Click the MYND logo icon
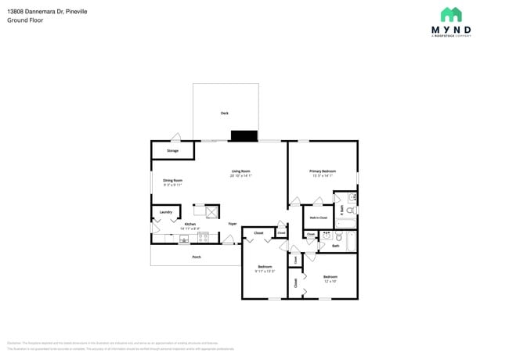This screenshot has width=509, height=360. [x=450, y=15]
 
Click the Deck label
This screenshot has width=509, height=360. [x=224, y=113]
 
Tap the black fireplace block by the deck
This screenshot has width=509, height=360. [x=244, y=135]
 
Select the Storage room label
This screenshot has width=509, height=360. [x=172, y=150]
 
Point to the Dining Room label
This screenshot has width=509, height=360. [x=172, y=181]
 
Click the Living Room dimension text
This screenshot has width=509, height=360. [x=240, y=176]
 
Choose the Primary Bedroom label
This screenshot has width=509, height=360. [x=322, y=171]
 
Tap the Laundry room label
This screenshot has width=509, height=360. [x=165, y=212]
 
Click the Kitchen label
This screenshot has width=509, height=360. [x=190, y=224]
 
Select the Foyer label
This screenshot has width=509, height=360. [x=233, y=224]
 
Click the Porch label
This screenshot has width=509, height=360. [x=197, y=257]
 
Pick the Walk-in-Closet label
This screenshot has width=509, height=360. [x=318, y=218]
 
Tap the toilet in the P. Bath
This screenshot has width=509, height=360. [x=352, y=211]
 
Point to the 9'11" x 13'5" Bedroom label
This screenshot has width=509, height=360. [x=264, y=268]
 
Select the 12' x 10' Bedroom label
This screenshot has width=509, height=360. [x=330, y=278]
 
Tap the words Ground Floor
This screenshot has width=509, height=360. [x=24, y=20]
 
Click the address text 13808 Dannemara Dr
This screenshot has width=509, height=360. [x=34, y=11]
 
